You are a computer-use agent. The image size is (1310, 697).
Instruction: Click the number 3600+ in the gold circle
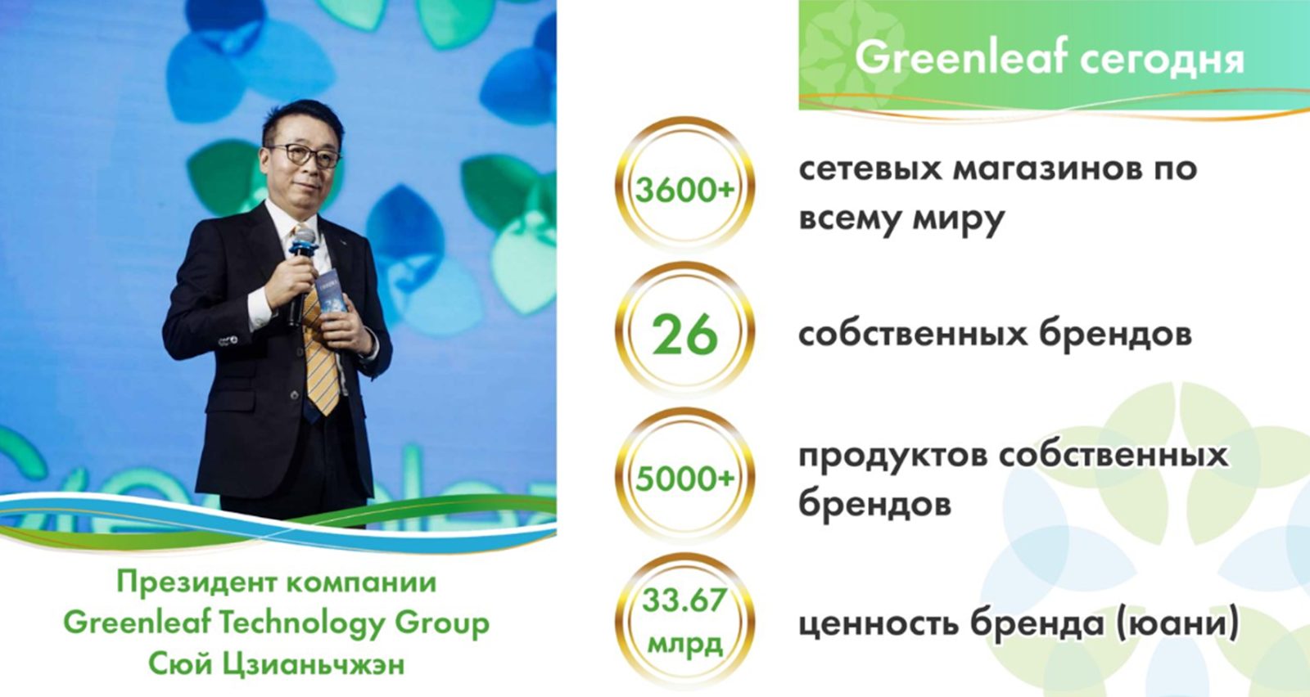pyautogui.click(x=684, y=191)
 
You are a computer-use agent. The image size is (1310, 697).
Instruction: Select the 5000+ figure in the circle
pyautogui.click(x=684, y=479)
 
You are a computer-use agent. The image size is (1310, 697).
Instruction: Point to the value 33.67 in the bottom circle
pyautogui.click(x=684, y=601)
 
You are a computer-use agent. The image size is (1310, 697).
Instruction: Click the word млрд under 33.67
pyautogui.click(x=684, y=645)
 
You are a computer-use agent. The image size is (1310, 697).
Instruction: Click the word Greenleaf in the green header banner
pyautogui.click(x=961, y=57)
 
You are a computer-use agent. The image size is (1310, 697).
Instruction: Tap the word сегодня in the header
pyautogui.click(x=1162, y=60)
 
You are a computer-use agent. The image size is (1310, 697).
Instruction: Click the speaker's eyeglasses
pyautogui.click(x=304, y=155)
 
